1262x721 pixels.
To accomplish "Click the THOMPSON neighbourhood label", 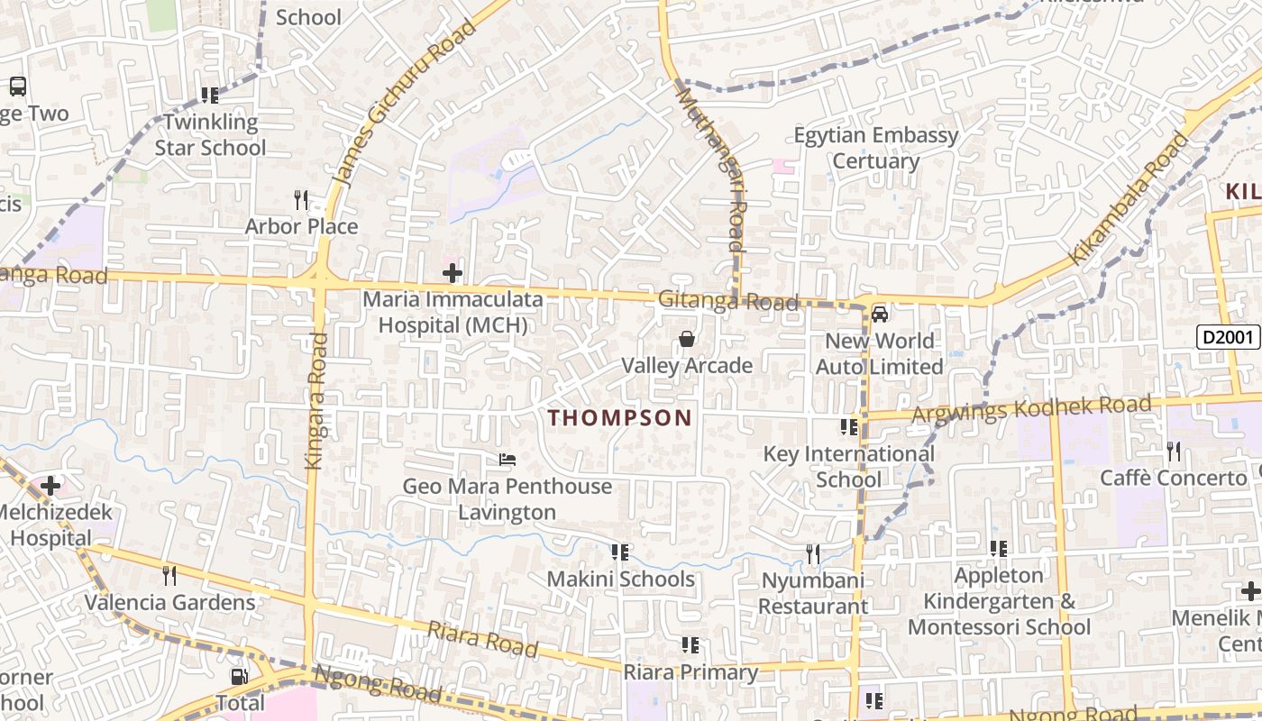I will (x=620, y=418).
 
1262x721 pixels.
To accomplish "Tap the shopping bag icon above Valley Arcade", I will (x=687, y=339).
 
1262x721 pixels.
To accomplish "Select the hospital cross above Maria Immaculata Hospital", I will (x=453, y=272).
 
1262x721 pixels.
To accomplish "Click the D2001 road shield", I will (x=1228, y=338).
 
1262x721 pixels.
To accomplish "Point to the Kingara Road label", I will (x=315, y=401).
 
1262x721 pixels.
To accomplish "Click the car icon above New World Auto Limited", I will (x=880, y=315).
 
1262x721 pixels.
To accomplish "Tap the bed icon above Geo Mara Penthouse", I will (x=508, y=460).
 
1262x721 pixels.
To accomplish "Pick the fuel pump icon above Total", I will (x=239, y=676).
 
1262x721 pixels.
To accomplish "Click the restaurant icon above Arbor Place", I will (x=301, y=199).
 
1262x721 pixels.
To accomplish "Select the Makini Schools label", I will (x=621, y=579).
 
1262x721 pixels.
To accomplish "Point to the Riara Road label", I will (x=482, y=639).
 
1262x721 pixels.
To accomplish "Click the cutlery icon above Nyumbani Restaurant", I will (x=813, y=553).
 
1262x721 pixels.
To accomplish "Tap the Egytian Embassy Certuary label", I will (x=875, y=148).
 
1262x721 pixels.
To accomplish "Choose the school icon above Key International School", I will (x=848, y=427).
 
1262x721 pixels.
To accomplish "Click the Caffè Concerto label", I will (x=1173, y=478).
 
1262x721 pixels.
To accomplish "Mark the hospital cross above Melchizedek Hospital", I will (x=50, y=487).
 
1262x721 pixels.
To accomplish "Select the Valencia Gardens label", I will (x=170, y=602).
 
